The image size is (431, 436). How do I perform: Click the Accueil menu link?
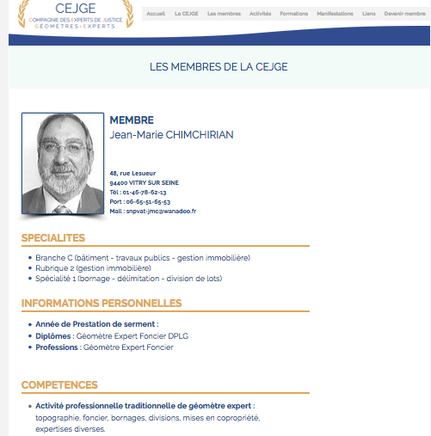pos(156,14)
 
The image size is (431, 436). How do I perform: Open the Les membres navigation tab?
pos(224,14)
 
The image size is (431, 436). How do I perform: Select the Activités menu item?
pos(261,14)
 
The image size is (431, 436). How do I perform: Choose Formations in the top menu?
pos(294,14)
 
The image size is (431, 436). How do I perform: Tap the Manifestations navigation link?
pos(335,14)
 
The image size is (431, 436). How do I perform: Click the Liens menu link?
pos(368,14)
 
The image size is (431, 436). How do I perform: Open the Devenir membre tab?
pos(405,14)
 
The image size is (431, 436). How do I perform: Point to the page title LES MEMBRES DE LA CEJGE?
pos(219,66)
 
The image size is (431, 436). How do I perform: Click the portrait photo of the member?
pos(62,163)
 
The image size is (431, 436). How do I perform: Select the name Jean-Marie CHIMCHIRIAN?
pos(171,135)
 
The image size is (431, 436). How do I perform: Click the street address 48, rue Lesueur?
pos(132,174)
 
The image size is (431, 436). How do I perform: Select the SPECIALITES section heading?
pos(53,237)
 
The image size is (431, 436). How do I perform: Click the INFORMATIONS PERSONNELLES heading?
pos(102,303)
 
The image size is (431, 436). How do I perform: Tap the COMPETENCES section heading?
pos(59,384)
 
